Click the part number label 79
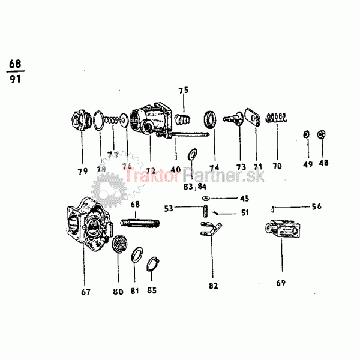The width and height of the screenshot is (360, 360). [x=82, y=171]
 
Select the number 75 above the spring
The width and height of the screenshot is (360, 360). [x=183, y=91]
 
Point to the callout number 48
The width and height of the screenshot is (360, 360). [x=323, y=163]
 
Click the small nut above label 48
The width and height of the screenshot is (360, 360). [x=321, y=133]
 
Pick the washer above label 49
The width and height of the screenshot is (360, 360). [x=306, y=133]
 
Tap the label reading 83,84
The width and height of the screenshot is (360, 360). [x=193, y=187]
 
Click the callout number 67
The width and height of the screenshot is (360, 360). [x=86, y=292]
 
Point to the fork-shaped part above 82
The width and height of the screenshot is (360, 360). [x=211, y=229]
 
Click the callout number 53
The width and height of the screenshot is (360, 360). [x=169, y=208]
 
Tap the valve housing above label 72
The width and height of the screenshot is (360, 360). [x=151, y=118]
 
